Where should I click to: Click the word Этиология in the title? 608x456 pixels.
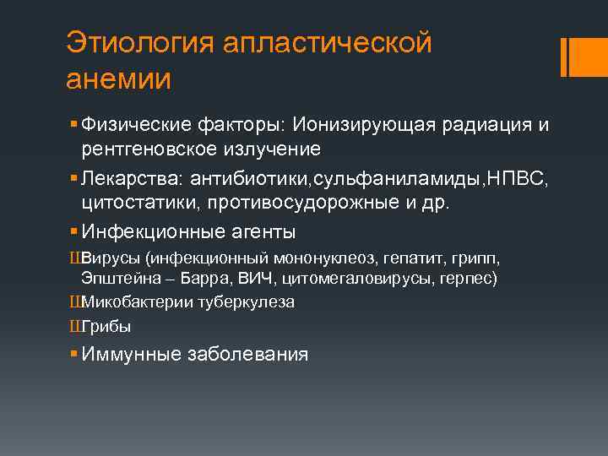(x=138, y=42)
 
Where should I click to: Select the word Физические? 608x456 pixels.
(x=133, y=125)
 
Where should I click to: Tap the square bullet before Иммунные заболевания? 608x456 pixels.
(x=75, y=354)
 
